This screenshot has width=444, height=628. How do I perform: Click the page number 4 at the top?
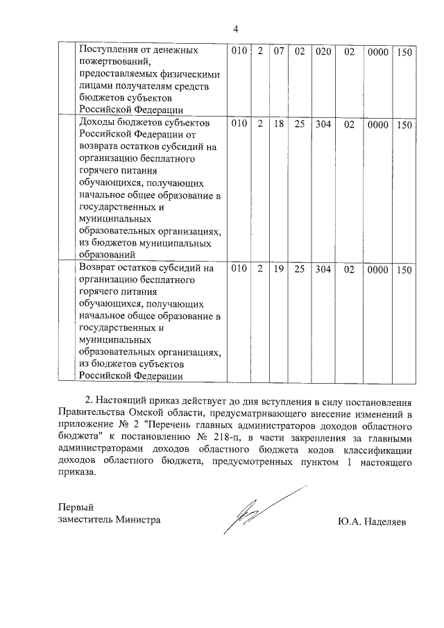[x=235, y=29]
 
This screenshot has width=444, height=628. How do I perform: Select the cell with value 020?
[x=323, y=52]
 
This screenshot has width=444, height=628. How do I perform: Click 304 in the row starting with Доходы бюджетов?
[x=323, y=125]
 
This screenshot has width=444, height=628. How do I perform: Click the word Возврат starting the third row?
[x=100, y=267]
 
